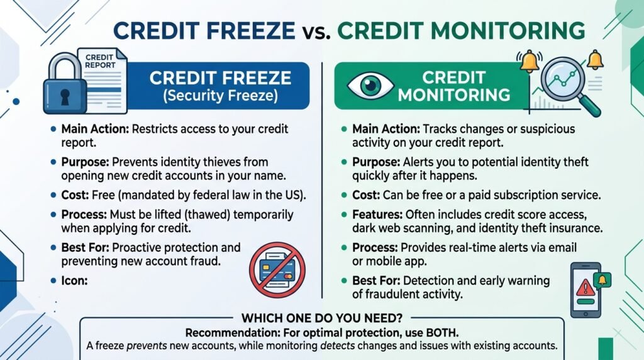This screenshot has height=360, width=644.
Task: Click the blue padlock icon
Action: [x=65, y=84]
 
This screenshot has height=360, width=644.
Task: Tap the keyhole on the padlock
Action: [x=65, y=97]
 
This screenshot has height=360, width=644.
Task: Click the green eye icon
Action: [x=370, y=86]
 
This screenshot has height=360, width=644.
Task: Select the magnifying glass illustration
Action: [x=569, y=84]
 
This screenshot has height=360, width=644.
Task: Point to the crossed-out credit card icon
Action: [x=277, y=269]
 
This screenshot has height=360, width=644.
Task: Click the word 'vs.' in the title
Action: [x=316, y=31]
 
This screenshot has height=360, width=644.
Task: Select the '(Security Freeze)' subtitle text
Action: [x=221, y=95]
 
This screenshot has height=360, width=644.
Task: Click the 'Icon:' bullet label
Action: [x=74, y=281]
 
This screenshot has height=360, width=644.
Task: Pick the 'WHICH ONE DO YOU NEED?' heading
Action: [x=322, y=318]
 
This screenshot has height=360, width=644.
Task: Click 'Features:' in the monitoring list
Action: [x=377, y=215]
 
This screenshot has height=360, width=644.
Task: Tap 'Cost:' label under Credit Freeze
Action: [x=75, y=195]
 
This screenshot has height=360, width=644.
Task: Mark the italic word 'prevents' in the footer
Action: [x=147, y=346]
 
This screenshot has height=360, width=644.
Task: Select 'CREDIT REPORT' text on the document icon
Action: [x=100, y=61]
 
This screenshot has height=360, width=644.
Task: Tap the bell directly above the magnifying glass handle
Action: [x=595, y=60]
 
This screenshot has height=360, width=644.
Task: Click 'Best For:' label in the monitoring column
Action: [x=376, y=281]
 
